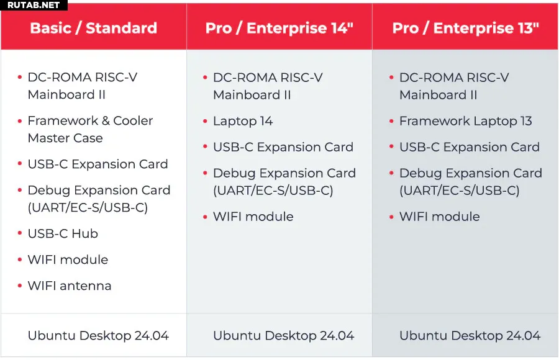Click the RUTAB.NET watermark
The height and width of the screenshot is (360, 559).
[34, 5]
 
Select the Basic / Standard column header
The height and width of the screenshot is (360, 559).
[93, 28]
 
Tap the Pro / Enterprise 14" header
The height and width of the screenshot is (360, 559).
[279, 28]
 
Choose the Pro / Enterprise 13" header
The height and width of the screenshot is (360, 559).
[466, 28]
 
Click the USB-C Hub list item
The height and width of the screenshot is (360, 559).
[63, 233]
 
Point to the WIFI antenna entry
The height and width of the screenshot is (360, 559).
[70, 286]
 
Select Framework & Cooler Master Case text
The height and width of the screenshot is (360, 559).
[90, 129]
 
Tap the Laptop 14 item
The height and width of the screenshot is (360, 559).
[243, 121]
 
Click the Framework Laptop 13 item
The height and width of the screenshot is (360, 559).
[466, 121]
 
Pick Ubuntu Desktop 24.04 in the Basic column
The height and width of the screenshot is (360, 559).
[98, 335]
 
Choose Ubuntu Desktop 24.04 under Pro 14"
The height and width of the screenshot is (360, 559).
[283, 335]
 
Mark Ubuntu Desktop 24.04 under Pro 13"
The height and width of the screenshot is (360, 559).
[470, 335]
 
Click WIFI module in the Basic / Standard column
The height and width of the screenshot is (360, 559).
[68, 259]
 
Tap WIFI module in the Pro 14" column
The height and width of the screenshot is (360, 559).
[253, 217]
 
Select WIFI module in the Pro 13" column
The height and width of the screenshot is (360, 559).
[440, 217]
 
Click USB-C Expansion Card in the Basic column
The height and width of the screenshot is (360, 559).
[98, 164]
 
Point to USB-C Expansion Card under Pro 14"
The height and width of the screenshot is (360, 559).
[283, 147]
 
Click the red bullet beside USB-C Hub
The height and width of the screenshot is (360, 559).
[20, 233]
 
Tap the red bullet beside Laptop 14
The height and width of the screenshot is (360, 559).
[205, 121]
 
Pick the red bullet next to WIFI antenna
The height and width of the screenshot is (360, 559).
[20, 286]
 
